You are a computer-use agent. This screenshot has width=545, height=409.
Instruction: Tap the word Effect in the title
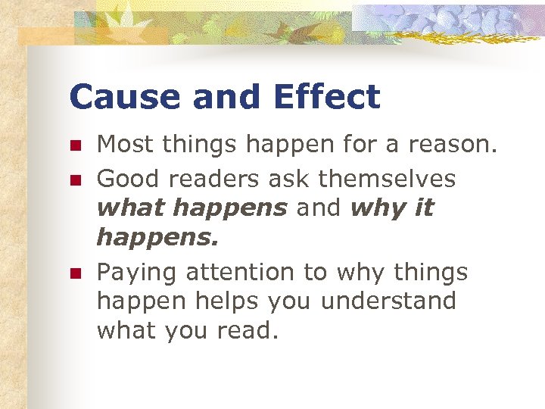tap(327, 98)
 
